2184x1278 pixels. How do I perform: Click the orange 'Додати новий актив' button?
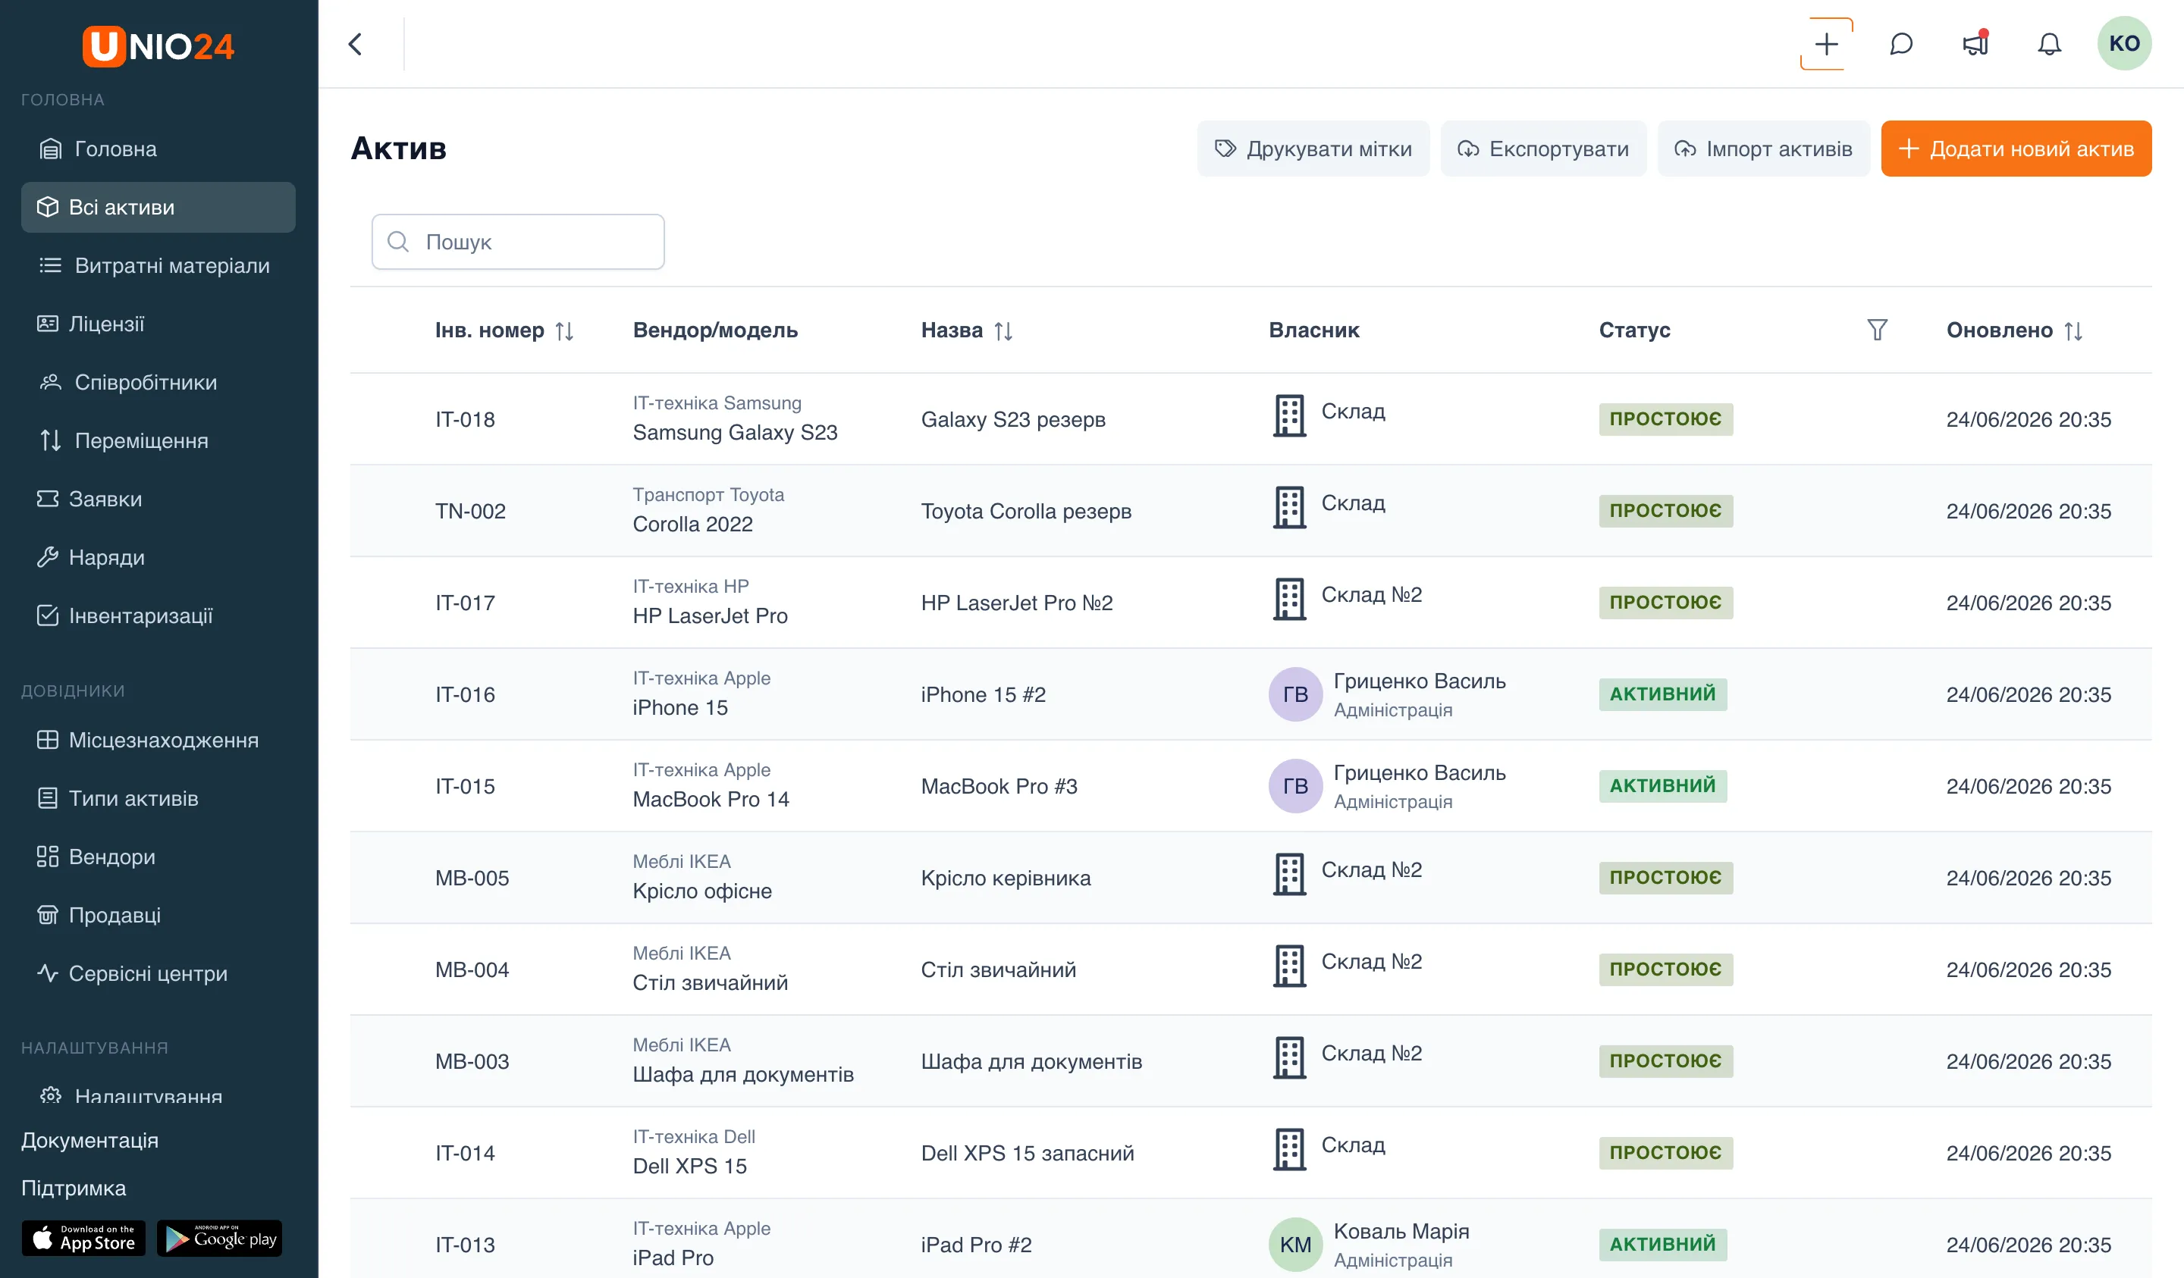click(x=2015, y=149)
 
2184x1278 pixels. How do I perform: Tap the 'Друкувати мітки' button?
click(x=1313, y=149)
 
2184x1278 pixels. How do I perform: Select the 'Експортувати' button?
click(x=1542, y=149)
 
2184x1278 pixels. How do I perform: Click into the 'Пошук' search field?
click(x=518, y=242)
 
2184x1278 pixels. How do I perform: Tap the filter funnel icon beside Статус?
click(x=1876, y=330)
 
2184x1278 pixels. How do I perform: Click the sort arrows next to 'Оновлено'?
click(x=2073, y=331)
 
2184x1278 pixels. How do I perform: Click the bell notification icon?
click(x=2049, y=44)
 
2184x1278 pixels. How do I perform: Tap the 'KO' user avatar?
click(x=2123, y=43)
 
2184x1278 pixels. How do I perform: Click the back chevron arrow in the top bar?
click(x=356, y=44)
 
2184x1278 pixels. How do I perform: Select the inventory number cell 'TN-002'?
click(x=471, y=511)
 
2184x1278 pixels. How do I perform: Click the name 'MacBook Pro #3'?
click(x=999, y=786)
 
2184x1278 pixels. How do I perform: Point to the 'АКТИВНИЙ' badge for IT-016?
click(x=1662, y=694)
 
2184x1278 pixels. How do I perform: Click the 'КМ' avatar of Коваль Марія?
click(x=1294, y=1244)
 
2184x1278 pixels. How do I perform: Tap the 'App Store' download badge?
click(x=84, y=1238)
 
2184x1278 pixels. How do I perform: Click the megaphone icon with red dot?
click(x=1975, y=43)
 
